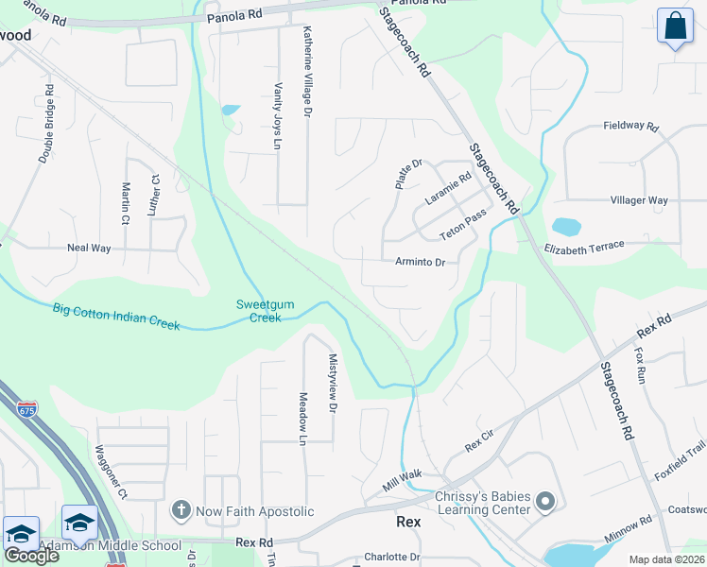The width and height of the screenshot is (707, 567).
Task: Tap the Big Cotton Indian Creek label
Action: click(x=116, y=316)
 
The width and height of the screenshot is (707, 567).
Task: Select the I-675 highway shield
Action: click(x=27, y=409)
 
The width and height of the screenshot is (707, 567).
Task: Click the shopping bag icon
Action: click(x=676, y=27)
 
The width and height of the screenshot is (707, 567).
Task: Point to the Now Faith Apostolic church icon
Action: click(x=181, y=511)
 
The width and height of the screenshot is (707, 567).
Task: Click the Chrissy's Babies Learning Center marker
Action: click(x=545, y=501)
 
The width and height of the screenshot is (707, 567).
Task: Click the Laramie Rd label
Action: click(x=447, y=188)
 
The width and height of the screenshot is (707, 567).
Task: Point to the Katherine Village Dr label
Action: click(x=306, y=71)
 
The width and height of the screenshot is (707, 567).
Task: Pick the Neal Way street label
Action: click(x=89, y=248)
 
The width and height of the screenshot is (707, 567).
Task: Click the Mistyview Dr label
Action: click(x=332, y=384)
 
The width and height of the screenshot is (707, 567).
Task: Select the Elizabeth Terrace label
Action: click(x=584, y=248)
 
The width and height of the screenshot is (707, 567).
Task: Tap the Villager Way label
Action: click(x=639, y=200)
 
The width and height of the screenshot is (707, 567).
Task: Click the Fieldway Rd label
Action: click(x=629, y=126)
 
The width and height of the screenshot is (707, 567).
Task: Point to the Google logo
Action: click(x=30, y=556)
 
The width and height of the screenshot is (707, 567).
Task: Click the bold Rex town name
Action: click(x=408, y=521)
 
